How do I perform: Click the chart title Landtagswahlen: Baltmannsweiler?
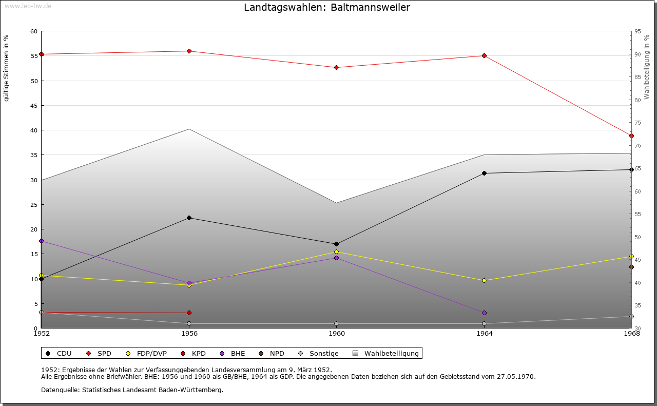[327, 8]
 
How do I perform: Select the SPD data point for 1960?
[336, 67]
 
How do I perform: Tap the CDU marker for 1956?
[189, 218]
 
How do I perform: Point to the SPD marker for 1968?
[631, 136]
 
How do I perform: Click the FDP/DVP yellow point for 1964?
[484, 280]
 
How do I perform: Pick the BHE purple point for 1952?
[42, 241]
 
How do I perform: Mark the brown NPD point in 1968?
[631, 267]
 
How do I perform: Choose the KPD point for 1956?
[189, 313]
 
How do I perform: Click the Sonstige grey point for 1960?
[336, 324]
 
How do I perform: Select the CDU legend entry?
[59, 353]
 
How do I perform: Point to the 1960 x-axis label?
[337, 334]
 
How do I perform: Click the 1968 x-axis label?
[631, 334]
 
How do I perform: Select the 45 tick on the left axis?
[34, 106]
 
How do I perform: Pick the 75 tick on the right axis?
[637, 123]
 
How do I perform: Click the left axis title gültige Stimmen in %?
[7, 68]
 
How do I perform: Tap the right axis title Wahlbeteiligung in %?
[647, 67]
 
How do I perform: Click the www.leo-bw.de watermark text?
[27, 6]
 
